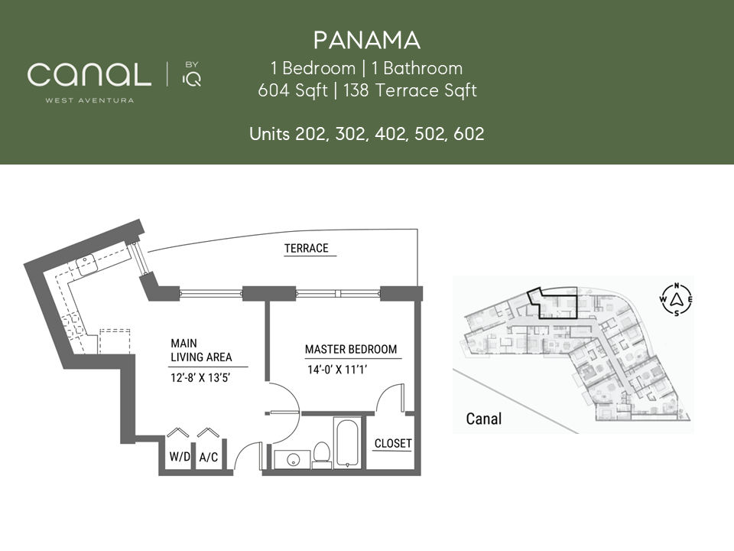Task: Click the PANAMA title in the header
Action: [366, 41]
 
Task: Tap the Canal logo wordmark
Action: [89, 74]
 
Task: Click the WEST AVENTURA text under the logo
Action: [89, 99]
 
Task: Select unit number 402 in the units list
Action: [390, 134]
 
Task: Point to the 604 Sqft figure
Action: [293, 90]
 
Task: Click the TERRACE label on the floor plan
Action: [307, 248]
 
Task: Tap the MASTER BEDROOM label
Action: [351, 350]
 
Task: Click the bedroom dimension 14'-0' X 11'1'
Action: [337, 370]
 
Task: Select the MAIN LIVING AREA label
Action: [201, 350]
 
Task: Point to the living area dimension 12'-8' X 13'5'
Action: [200, 377]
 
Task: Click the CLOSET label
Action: [393, 443]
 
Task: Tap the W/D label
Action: [180, 456]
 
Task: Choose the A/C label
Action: [208, 457]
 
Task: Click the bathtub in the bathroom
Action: [347, 442]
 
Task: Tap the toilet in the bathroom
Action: [322, 455]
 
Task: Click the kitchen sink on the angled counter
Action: [87, 265]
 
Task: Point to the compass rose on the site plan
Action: [676, 300]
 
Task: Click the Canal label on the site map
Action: [483, 419]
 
